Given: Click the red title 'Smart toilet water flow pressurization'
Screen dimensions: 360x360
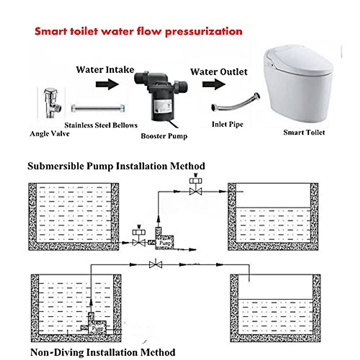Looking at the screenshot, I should click(x=138, y=31).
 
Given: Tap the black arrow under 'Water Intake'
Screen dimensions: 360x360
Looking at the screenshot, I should click(x=107, y=84).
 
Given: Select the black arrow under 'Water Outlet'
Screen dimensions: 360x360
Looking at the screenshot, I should click(x=214, y=84).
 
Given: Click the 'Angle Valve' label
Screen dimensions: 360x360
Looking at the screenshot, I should click(x=49, y=133).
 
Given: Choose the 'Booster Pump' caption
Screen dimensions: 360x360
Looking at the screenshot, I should click(x=164, y=136).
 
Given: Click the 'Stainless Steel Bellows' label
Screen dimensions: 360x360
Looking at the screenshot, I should click(x=101, y=125).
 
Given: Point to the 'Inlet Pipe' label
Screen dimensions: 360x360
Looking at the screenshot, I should click(x=227, y=124).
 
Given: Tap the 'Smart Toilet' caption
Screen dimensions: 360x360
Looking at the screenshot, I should click(x=304, y=132).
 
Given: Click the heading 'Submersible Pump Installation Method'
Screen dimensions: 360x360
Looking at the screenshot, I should click(x=116, y=166).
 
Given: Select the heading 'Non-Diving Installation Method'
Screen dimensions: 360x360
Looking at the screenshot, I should click(x=103, y=352).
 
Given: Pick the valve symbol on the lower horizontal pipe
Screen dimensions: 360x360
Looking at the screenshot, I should click(x=155, y=265).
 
